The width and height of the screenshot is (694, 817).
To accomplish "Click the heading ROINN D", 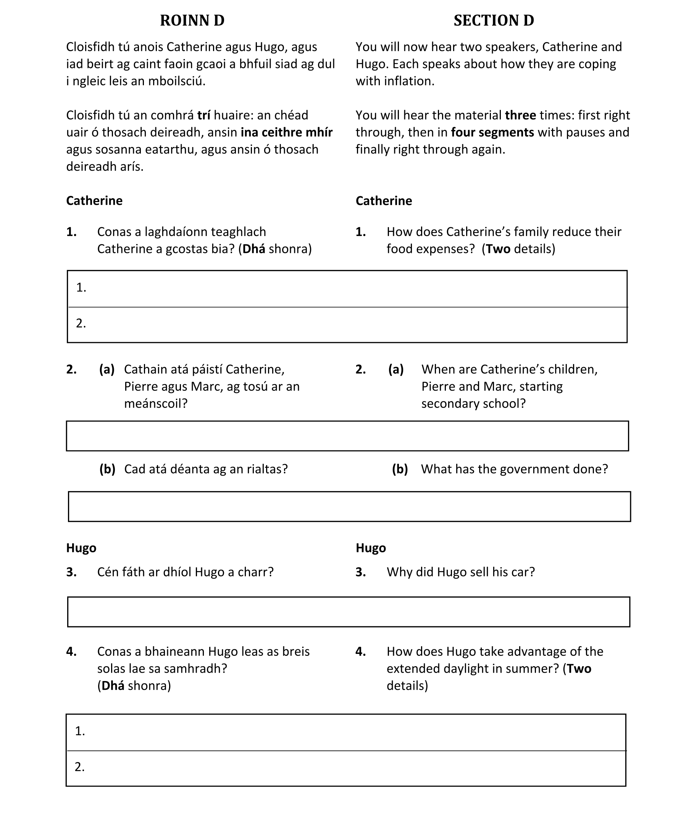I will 192,21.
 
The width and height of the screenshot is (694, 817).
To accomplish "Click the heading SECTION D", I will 494,21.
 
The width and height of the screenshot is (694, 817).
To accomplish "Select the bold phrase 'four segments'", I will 492,132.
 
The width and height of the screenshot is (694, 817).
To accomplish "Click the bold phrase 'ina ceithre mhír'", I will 286,132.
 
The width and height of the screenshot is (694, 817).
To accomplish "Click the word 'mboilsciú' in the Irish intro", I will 176,81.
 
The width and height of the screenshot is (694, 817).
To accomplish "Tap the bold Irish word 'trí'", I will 203,115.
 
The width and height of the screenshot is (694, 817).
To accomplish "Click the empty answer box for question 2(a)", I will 347,436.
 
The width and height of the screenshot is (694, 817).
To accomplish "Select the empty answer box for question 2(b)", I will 349,506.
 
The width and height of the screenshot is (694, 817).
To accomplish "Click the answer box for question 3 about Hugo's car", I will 348,612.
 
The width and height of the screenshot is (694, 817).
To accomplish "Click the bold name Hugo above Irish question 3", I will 81,548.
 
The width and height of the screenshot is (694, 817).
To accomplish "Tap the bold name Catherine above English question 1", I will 384,201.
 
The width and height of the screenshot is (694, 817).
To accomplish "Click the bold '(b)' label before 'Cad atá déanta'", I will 107,469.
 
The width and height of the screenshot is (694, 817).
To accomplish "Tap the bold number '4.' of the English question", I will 360,652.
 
